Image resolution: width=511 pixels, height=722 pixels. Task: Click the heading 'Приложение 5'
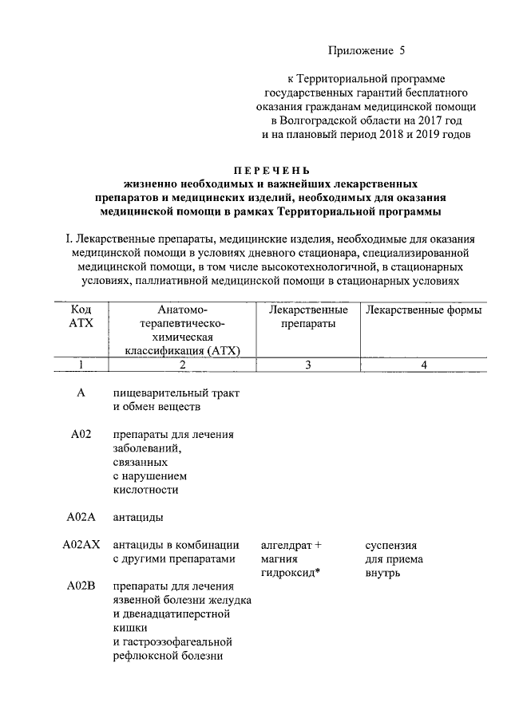coord(367,52)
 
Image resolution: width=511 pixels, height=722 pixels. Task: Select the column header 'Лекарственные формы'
coord(423,310)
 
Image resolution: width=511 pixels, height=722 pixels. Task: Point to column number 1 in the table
coord(81,365)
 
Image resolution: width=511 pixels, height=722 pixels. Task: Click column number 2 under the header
coord(182,365)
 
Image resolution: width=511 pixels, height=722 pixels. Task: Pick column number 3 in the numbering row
coord(307,365)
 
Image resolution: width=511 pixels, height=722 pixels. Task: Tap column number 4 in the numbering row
coord(424,365)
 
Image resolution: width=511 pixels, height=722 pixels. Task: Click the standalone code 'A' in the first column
coord(81,393)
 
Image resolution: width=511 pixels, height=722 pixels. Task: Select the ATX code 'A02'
coord(81,434)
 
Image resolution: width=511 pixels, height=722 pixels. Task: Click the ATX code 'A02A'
coord(81,517)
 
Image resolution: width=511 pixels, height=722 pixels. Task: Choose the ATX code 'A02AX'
coord(81,545)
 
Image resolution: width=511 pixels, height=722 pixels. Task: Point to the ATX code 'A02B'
coord(81,586)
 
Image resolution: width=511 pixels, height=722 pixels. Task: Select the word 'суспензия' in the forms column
coord(390,545)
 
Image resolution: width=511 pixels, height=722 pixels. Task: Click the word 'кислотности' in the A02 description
coord(145,490)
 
